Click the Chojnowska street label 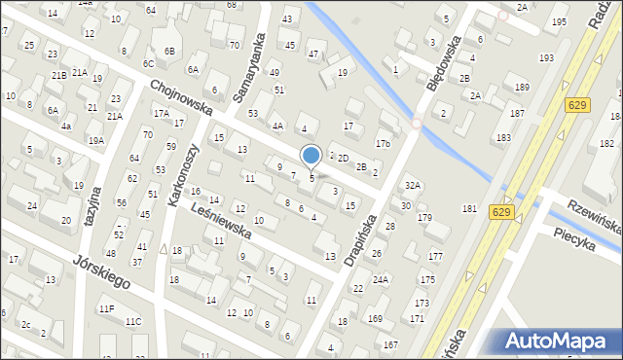click(x=182, y=97)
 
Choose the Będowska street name click(x=442, y=63)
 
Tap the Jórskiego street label click(x=102, y=274)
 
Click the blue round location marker click(x=311, y=155)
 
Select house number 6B click(x=169, y=51)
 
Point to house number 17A click(x=161, y=113)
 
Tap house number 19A click(x=95, y=140)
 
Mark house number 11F click(x=105, y=308)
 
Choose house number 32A click(x=413, y=185)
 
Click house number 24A click(x=380, y=279)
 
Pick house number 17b click(x=383, y=144)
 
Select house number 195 click(x=559, y=21)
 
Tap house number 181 click(x=469, y=208)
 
